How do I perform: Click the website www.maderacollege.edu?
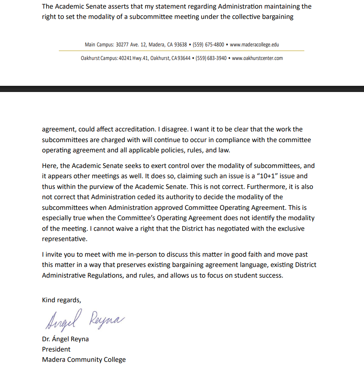pos(254,44)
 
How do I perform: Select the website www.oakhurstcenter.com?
pos(257,58)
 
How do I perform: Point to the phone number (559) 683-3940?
pos(211,58)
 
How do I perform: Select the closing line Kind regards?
pos(61,300)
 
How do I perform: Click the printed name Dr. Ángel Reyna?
pos(65,339)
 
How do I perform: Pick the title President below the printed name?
pos(56,349)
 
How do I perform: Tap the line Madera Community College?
pos(84,360)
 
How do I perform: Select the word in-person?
pos(132,255)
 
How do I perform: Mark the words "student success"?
pos(258,275)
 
